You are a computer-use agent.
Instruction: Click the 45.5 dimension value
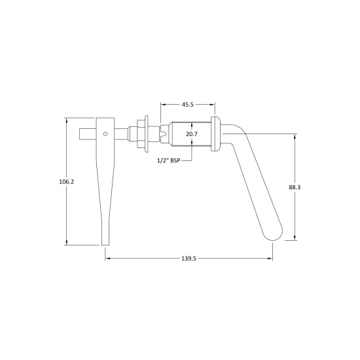pyautogui.click(x=188, y=105)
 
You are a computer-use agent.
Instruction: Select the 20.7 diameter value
pyautogui.click(x=192, y=134)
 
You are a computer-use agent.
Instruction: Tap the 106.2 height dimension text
pyautogui.click(x=67, y=182)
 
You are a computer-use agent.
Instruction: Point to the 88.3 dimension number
pyautogui.click(x=295, y=187)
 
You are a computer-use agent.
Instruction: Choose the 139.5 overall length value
pyautogui.click(x=189, y=259)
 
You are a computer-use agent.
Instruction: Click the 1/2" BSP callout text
pyautogui.click(x=168, y=161)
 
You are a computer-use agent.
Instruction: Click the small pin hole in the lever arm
pyautogui.click(x=105, y=134)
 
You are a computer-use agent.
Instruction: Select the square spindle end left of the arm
pyautogui.click(x=88, y=134)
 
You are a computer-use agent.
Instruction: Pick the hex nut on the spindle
pyautogui.click(x=141, y=134)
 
